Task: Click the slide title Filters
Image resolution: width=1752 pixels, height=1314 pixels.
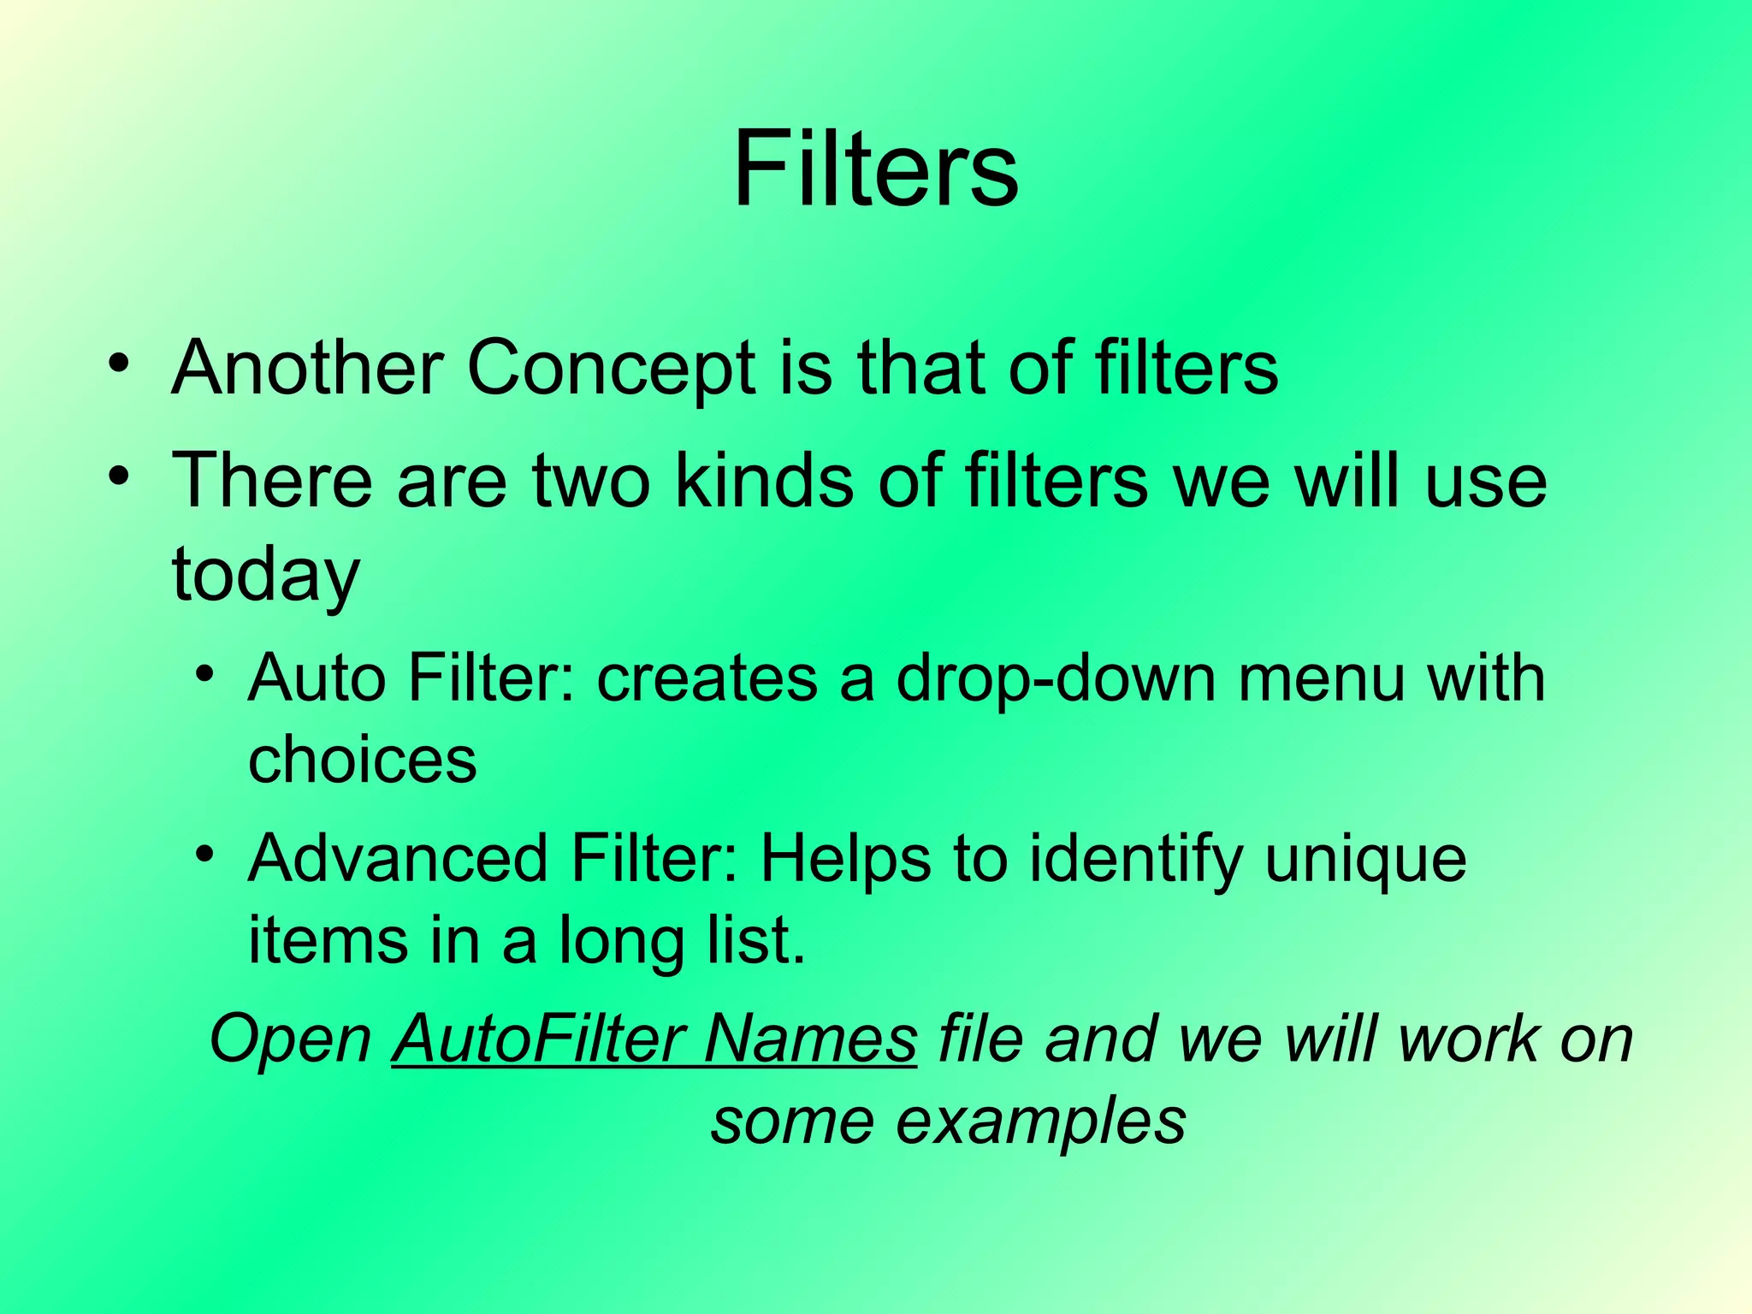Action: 875,168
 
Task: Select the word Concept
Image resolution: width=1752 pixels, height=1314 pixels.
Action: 611,370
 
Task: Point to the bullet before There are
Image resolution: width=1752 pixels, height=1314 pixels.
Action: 119,474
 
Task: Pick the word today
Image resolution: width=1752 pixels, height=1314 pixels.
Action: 266,575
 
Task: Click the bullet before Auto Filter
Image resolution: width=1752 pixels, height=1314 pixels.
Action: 204,673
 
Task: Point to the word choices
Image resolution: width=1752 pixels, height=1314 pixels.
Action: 362,760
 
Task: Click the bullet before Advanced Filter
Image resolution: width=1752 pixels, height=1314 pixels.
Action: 204,854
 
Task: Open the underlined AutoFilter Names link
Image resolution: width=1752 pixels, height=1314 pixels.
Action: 654,1039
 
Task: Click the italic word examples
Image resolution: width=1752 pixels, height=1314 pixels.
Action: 1040,1122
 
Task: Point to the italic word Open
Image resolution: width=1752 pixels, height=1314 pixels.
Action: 290,1040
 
